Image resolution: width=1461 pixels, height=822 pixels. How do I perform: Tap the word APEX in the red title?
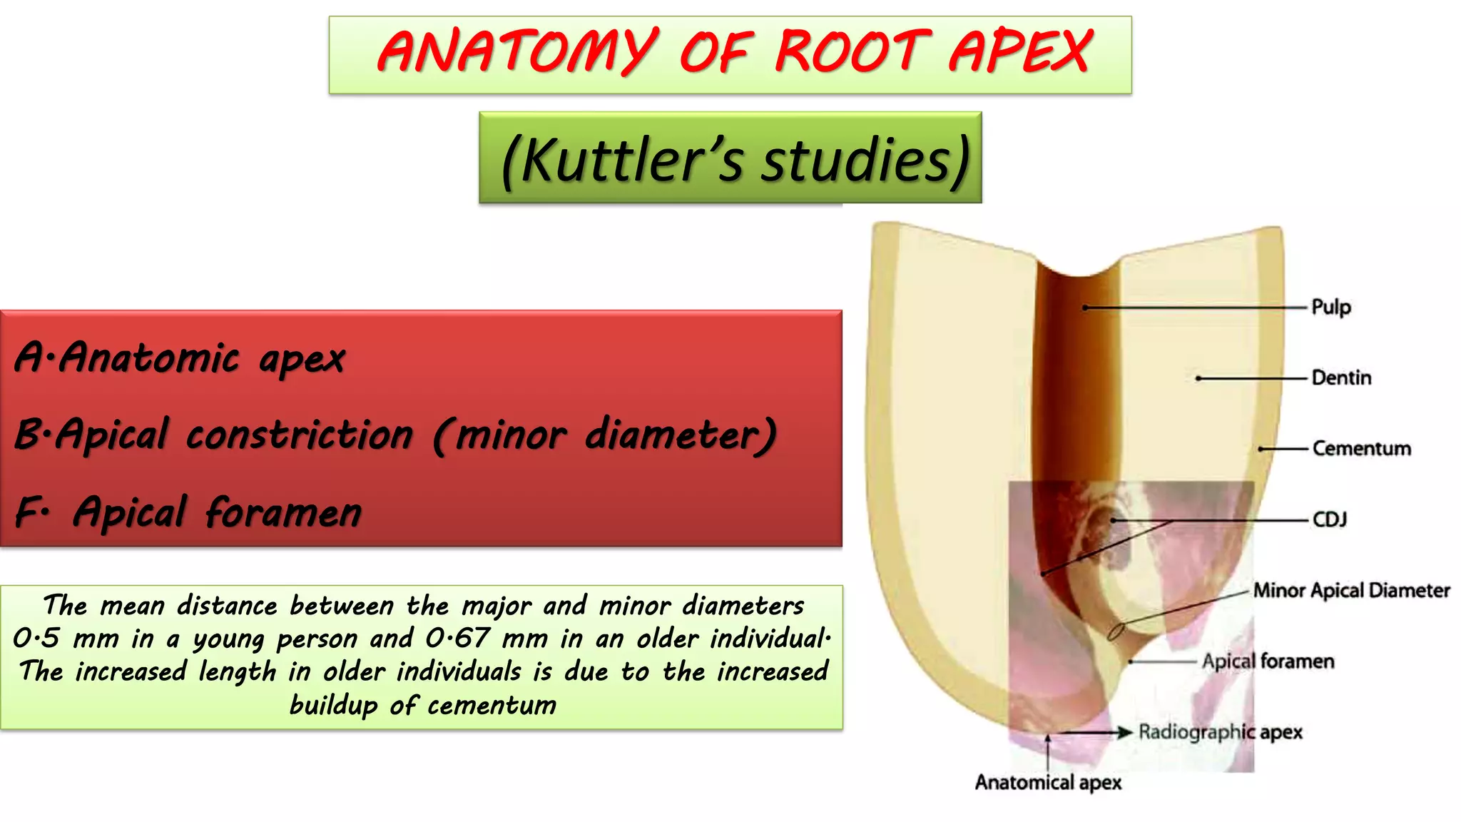pyautogui.click(x=1020, y=51)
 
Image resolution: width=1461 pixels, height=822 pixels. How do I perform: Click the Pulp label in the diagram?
pyautogui.click(x=1331, y=308)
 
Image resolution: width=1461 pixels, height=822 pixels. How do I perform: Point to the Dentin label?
pyautogui.click(x=1341, y=378)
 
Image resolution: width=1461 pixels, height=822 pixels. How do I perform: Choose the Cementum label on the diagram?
pyautogui.click(x=1361, y=449)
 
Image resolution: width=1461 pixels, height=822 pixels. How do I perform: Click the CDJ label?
pyautogui.click(x=1330, y=519)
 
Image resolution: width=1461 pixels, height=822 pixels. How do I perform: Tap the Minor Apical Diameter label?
pyautogui.click(x=1352, y=591)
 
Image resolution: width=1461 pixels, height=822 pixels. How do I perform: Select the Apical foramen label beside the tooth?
pyautogui.click(x=1268, y=661)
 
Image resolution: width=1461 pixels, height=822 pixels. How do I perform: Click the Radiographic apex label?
pyautogui.click(x=1220, y=732)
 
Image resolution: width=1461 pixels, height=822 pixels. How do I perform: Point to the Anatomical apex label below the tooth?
pyautogui.click(x=1048, y=783)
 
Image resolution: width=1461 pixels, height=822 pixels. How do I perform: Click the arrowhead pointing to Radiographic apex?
pyautogui.click(x=1125, y=732)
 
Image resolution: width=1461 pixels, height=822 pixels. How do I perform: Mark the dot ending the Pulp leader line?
pyautogui.click(x=1085, y=308)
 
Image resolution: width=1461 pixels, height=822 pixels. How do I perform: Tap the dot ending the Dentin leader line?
pyautogui.click(x=1198, y=378)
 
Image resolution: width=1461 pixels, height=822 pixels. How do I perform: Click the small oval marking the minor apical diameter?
pyautogui.click(x=1116, y=631)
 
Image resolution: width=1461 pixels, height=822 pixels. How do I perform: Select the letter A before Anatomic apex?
pyautogui.click(x=29, y=357)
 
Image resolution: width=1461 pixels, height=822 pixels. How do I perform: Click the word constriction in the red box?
pyautogui.click(x=300, y=435)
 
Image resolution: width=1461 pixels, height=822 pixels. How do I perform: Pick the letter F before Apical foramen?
pyautogui.click(x=27, y=512)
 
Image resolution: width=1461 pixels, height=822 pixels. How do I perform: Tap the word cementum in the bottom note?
pyautogui.click(x=492, y=705)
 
